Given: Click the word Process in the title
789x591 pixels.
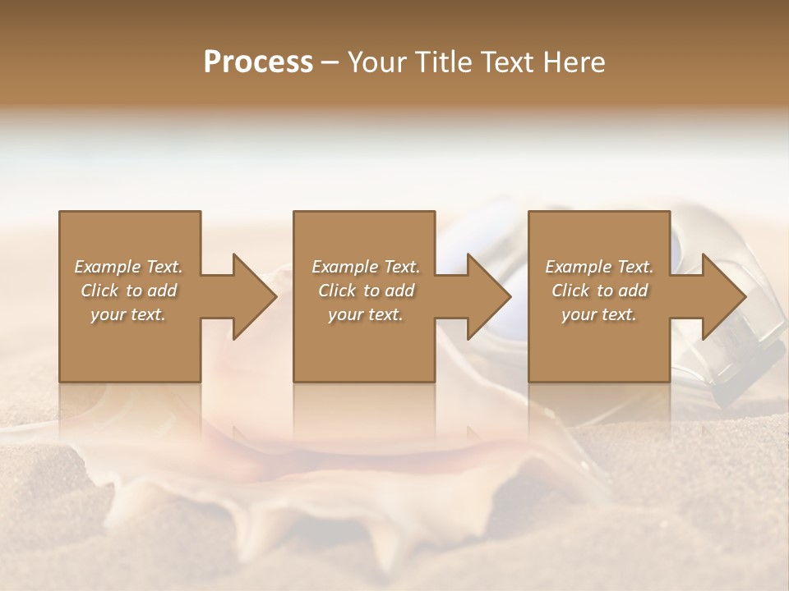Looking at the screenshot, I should click(258, 62).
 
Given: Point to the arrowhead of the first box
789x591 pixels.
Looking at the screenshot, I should click(255, 296).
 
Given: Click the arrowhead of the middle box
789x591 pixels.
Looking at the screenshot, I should click(490, 296).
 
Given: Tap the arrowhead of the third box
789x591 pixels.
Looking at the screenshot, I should click(725, 296).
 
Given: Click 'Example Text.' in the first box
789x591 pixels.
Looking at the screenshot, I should click(128, 267).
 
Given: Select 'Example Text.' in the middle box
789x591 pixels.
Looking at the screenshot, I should click(366, 267).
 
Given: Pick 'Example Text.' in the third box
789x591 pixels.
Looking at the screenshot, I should click(599, 267).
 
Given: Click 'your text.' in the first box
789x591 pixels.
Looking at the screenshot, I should click(128, 314).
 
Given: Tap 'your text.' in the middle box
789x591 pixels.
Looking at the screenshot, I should click(366, 314).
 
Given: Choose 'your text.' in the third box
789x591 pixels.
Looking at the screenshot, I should click(599, 314).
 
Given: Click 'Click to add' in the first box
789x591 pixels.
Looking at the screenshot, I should click(128, 291).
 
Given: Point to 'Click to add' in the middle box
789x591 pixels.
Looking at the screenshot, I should click(366, 291).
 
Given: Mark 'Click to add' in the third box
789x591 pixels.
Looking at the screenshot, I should click(599, 291).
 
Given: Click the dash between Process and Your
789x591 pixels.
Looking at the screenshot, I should click(328, 62).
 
